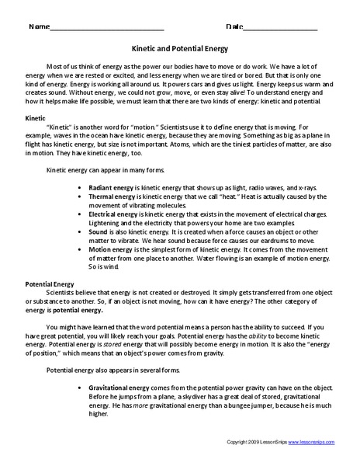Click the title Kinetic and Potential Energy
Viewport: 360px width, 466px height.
[180, 46]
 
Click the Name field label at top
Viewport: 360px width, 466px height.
[37, 27]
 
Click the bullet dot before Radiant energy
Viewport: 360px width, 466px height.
[81, 188]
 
